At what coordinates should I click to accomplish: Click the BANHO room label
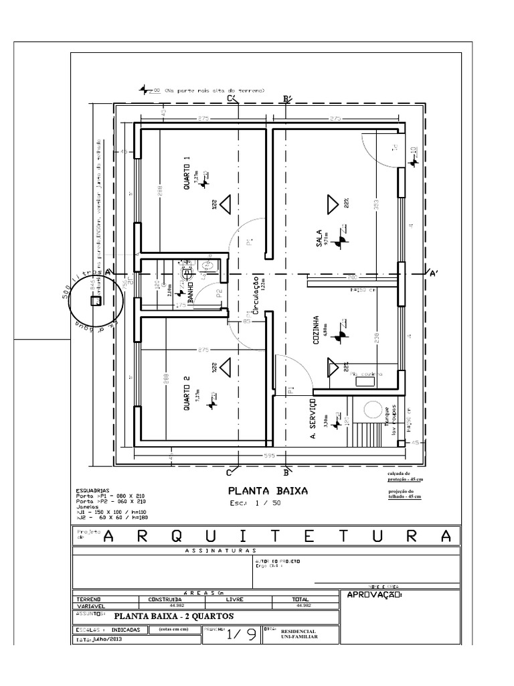point(191,292)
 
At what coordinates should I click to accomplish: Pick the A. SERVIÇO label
point(313,415)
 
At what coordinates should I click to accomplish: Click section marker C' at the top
point(232,99)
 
